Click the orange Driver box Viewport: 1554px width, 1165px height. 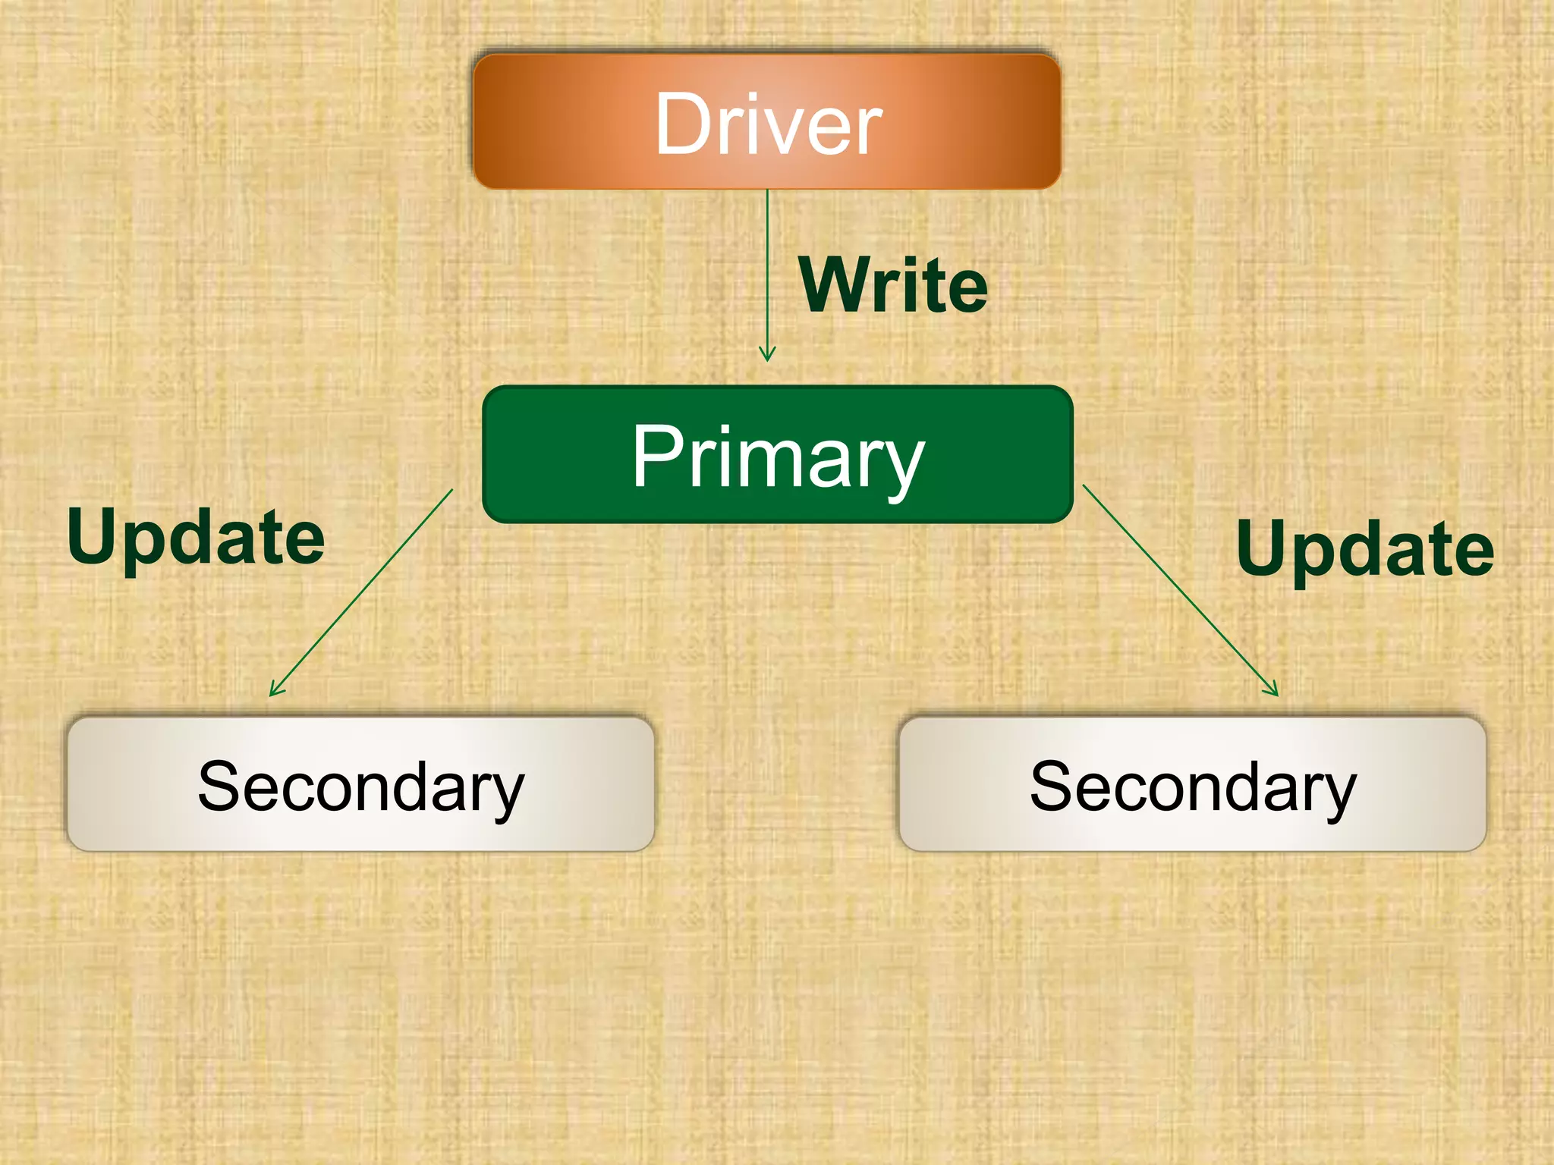pyautogui.click(x=766, y=121)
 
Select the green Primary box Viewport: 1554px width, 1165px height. pyautogui.click(x=777, y=454)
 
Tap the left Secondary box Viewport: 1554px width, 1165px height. pyautogui.click(x=360, y=784)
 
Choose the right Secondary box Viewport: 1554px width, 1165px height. pyautogui.click(x=1192, y=784)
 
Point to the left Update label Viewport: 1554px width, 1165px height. pyautogui.click(x=196, y=537)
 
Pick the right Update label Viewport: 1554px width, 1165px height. pyautogui.click(x=1365, y=548)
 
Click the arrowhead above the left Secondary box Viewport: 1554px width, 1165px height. pyautogui.click(x=275, y=689)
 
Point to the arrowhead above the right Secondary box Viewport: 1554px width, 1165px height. pyautogui.click(x=1272, y=689)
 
